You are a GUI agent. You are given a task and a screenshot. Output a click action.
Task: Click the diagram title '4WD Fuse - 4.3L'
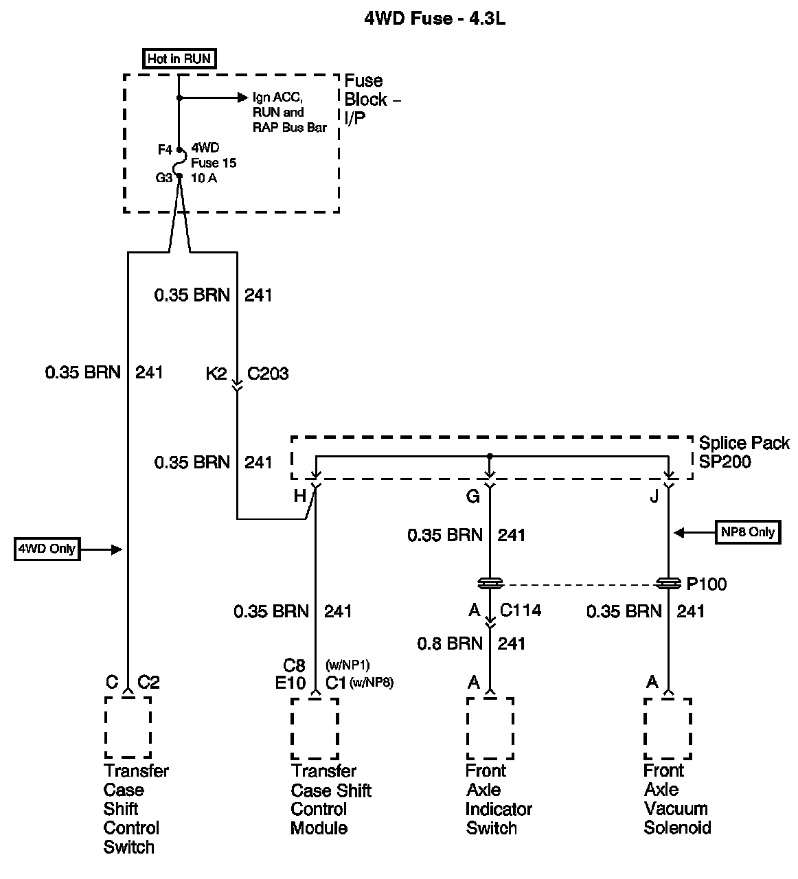click(435, 19)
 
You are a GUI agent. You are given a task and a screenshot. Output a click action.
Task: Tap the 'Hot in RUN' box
click(179, 59)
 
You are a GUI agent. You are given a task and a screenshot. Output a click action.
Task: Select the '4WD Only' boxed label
click(47, 549)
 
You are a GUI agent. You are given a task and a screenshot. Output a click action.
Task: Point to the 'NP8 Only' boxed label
click(748, 532)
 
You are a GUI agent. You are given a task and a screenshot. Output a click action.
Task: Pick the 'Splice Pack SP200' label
click(744, 452)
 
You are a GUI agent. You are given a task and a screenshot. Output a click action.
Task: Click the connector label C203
click(268, 374)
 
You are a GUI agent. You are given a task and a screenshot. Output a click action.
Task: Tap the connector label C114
click(520, 610)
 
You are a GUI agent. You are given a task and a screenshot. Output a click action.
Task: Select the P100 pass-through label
click(706, 584)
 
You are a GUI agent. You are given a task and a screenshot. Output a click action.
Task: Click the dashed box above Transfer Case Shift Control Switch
click(128, 728)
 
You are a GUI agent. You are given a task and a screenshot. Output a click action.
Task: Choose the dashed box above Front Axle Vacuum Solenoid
click(668, 729)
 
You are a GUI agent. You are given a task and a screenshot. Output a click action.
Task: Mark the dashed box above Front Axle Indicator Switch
click(490, 729)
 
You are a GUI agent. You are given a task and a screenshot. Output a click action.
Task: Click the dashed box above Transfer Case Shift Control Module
click(315, 729)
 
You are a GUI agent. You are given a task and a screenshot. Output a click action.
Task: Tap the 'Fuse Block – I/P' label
click(372, 100)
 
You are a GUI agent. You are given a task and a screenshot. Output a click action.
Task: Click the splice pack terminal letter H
click(299, 496)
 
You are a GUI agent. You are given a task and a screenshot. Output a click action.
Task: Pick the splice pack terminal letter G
click(473, 496)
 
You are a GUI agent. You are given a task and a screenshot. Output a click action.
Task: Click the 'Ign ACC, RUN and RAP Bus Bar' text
click(289, 113)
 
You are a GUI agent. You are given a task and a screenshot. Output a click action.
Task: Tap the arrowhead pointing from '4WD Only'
click(118, 549)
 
